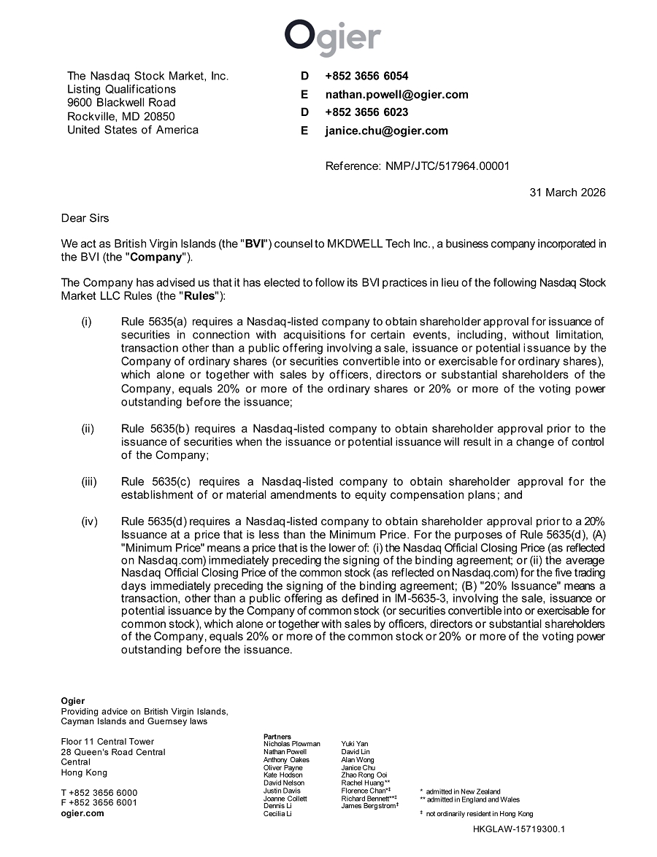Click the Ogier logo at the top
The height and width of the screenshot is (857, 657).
click(332, 37)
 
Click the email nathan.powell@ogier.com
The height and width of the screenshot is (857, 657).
click(396, 94)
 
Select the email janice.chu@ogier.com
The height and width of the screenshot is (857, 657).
click(386, 131)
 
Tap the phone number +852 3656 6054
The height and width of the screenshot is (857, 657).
click(366, 76)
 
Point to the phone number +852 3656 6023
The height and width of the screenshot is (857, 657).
click(366, 112)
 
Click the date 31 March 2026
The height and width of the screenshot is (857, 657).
click(567, 193)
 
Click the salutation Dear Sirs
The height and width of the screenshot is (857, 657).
click(85, 218)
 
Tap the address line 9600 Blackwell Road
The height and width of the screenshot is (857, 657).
click(121, 103)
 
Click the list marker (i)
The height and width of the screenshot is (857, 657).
click(86, 322)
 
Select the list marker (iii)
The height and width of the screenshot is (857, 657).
click(88, 481)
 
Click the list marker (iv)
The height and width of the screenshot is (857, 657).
click(88, 521)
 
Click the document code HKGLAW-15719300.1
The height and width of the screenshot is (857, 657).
click(519, 829)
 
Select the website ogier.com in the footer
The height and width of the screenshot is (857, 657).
click(82, 813)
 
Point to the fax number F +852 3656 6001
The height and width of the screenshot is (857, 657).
click(99, 803)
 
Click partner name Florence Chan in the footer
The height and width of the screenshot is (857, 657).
click(364, 791)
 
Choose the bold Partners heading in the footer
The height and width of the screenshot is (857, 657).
click(277, 737)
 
